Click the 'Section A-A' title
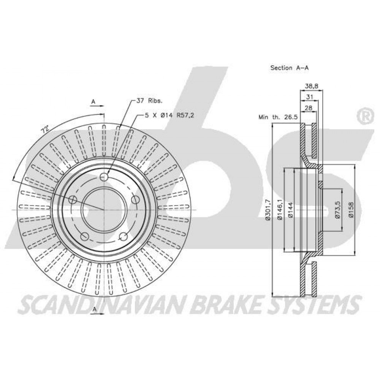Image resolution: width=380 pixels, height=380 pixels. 289,68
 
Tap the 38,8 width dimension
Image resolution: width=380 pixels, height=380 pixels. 312,85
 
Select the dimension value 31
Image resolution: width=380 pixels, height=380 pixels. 309,97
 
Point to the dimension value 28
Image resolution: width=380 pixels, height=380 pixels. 309,108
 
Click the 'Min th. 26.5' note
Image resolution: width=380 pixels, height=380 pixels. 278,117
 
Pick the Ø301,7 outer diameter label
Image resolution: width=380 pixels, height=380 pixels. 268,210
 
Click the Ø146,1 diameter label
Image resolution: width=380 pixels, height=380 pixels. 280,210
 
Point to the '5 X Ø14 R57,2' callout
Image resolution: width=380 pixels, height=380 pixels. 169,116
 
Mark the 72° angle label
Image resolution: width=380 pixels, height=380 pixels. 45,130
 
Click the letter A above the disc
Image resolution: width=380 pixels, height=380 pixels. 93,102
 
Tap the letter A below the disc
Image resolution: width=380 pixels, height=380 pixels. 95,309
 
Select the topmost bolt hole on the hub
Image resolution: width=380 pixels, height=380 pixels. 104,177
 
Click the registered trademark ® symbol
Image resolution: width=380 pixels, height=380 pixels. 364,117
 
